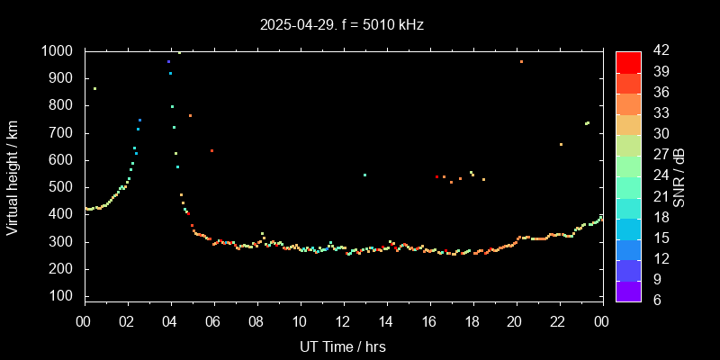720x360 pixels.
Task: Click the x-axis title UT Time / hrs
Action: pos(342,346)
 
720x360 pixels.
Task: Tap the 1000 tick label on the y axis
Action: pos(58,51)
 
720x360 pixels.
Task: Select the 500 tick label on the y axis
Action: pos(61,187)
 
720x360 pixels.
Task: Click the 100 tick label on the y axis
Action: pos(61,296)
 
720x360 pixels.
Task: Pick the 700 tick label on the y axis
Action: pos(61,133)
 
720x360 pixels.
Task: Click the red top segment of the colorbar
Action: pos(628,61)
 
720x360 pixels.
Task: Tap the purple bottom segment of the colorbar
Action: pos(628,290)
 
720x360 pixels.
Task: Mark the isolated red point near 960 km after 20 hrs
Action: pos(521,61)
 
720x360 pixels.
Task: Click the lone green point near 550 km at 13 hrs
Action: pos(364,175)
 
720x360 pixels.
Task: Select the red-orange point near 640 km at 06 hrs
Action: pos(211,150)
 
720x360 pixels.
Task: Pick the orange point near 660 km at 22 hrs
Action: pos(561,144)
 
